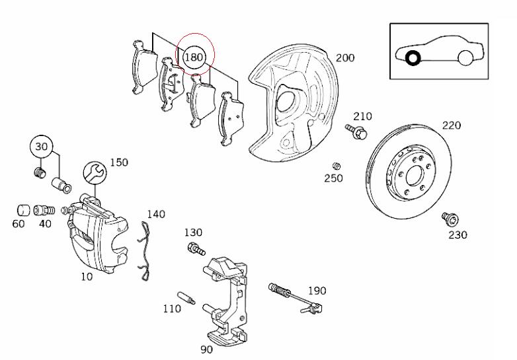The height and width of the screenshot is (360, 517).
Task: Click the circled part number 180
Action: click(x=193, y=57)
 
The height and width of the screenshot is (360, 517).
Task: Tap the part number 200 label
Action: click(x=344, y=57)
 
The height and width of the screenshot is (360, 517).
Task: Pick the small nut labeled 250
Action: click(x=337, y=165)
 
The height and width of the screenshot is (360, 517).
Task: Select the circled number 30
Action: click(x=42, y=147)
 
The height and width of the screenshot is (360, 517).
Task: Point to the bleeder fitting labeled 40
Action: click(x=45, y=210)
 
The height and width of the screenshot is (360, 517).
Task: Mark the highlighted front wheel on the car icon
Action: click(x=413, y=59)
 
